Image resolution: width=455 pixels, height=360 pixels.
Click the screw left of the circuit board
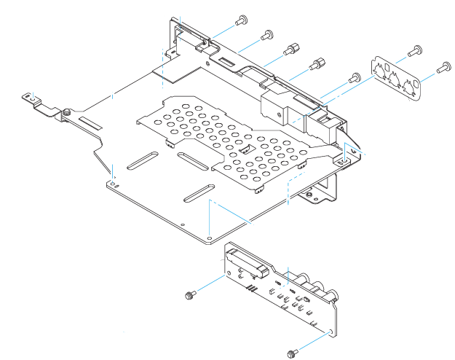(191, 294)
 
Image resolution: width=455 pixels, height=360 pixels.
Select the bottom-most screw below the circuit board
(293, 353)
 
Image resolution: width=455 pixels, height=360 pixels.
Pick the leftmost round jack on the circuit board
(298, 277)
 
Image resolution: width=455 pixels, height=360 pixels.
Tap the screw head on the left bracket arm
(66, 111)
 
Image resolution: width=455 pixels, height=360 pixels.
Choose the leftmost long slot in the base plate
(143, 160)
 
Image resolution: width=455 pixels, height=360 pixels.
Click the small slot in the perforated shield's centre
(245, 149)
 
